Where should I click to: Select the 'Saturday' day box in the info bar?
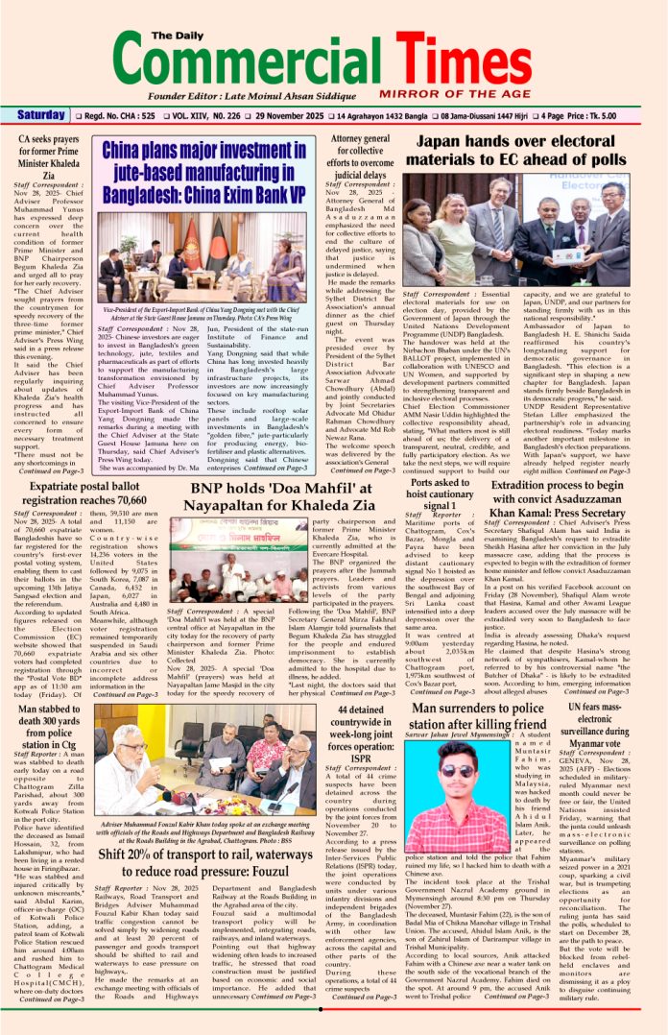click(x=40, y=116)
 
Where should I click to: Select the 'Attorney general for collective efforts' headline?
click(x=359, y=156)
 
